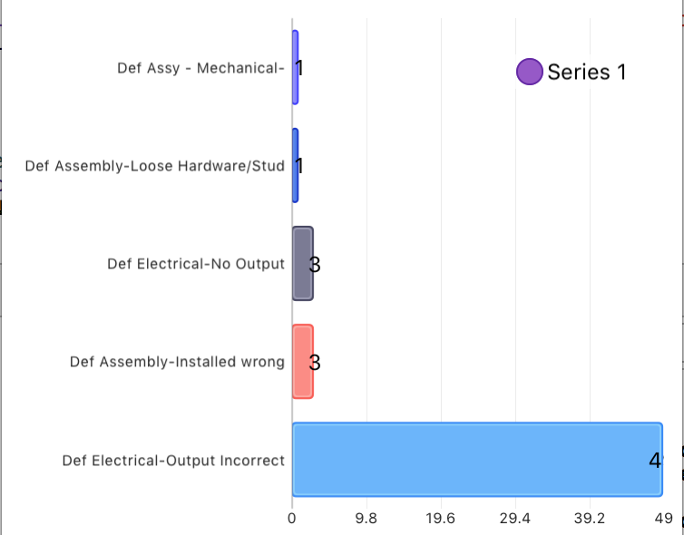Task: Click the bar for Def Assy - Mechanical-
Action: [295, 67]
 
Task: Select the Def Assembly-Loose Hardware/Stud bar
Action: [295, 165]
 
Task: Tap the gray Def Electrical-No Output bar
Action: [303, 264]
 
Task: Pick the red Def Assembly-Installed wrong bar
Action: [303, 362]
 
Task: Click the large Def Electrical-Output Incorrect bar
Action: [476, 460]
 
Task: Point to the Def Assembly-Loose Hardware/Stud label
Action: [154, 166]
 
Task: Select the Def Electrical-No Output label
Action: [195, 264]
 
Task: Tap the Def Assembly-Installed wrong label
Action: [177, 362]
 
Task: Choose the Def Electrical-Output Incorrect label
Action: [173, 461]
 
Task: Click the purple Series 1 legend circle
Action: [530, 72]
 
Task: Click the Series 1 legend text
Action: [587, 72]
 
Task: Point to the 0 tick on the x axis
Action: [292, 519]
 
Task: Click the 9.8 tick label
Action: [366, 519]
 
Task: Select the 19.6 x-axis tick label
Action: [440, 519]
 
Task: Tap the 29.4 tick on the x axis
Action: [514, 519]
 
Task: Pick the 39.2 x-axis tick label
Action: [590, 519]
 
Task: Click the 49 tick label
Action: [664, 519]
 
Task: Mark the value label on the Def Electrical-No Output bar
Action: [315, 265]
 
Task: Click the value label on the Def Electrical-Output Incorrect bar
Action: [655, 461]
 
